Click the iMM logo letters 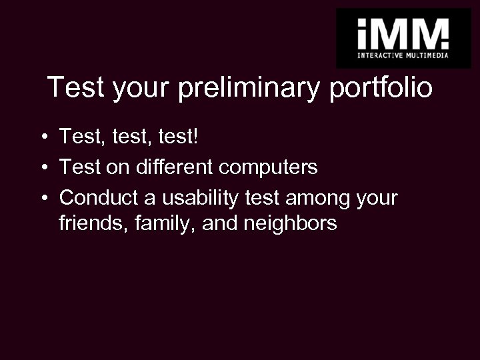coord(403,31)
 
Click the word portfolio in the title coord(381,88)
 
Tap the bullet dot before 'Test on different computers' coord(42,168)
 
